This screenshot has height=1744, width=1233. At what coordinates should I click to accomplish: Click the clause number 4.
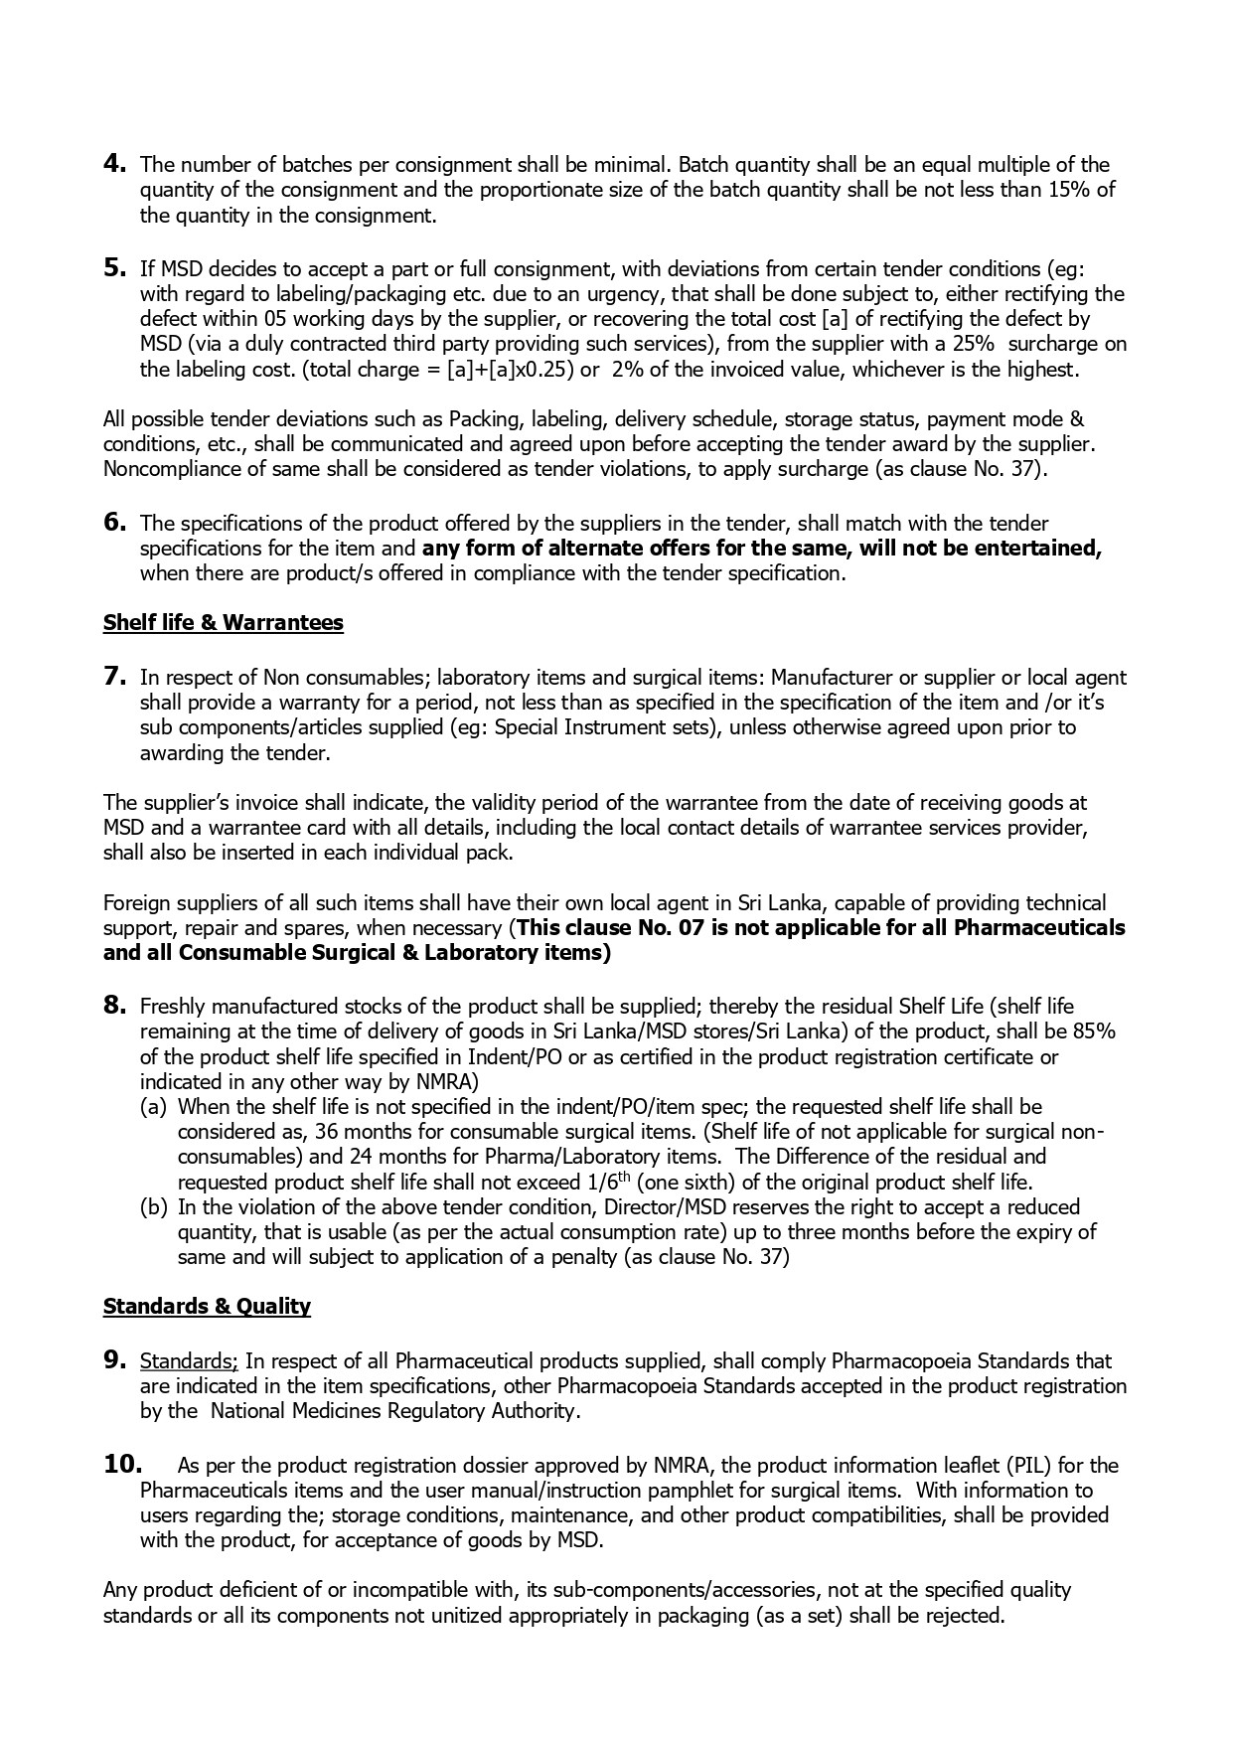113,164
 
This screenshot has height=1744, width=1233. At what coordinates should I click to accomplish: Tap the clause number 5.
113,267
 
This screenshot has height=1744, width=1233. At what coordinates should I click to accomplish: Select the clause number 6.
113,522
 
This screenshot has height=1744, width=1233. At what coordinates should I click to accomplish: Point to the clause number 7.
113,677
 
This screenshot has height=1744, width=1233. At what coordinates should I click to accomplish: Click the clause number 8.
113,1006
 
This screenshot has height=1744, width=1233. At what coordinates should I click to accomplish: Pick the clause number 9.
113,1360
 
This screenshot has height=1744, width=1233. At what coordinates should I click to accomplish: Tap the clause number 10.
122,1464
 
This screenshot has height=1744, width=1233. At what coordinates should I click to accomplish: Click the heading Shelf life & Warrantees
223,623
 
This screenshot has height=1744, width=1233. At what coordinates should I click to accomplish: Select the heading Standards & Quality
207,1306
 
